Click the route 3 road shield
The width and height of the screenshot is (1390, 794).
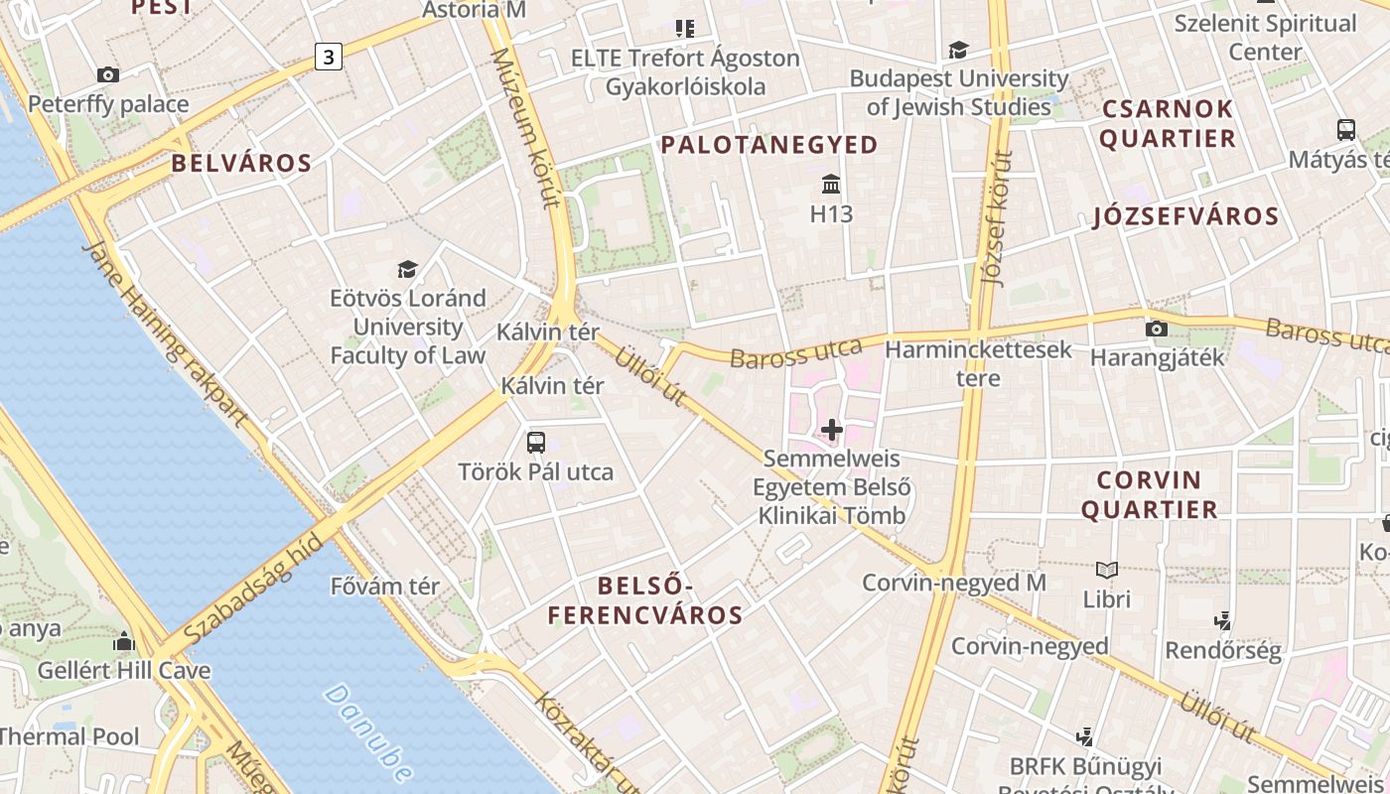pyautogui.click(x=328, y=57)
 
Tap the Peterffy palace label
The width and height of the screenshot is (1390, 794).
pyautogui.click(x=108, y=104)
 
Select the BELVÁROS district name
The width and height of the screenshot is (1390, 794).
pyautogui.click(x=241, y=164)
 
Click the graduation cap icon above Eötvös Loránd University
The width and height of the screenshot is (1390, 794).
pyautogui.click(x=407, y=269)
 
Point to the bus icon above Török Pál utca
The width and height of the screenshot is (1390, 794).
pyautogui.click(x=536, y=442)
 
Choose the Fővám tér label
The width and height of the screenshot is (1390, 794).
pyautogui.click(x=385, y=587)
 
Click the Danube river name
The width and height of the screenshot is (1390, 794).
pyautogui.click(x=368, y=732)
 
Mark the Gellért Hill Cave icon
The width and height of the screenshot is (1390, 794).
pyautogui.click(x=124, y=642)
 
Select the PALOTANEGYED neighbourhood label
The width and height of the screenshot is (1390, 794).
pyautogui.click(x=769, y=145)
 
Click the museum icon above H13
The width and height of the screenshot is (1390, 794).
pyautogui.click(x=831, y=185)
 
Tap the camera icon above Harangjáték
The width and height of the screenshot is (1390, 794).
pyautogui.click(x=1156, y=329)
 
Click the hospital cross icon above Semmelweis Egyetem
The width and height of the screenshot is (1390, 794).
pyautogui.click(x=832, y=430)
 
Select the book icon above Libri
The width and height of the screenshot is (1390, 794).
pyautogui.click(x=1107, y=570)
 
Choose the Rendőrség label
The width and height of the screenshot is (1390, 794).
pyautogui.click(x=1223, y=651)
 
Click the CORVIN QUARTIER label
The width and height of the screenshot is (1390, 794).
pyautogui.click(x=1149, y=494)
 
